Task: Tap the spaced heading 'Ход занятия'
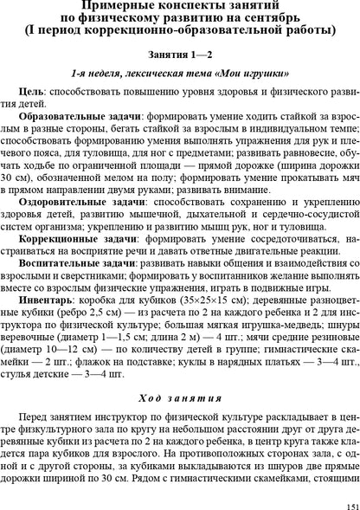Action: pos(180,373)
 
